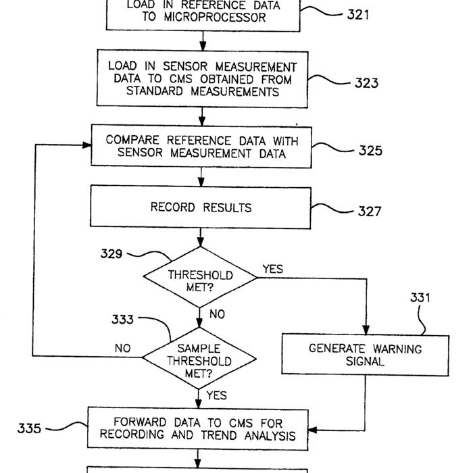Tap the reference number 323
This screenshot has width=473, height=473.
[x=366, y=84]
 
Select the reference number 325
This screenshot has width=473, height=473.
[x=370, y=151]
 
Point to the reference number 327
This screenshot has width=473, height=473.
[x=370, y=211]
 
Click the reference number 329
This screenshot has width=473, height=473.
[x=111, y=254]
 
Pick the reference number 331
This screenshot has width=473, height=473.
[x=421, y=297]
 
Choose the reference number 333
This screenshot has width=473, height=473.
[x=122, y=320]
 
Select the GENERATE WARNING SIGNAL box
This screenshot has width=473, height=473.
[x=365, y=355]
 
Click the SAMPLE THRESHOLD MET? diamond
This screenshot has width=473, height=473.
[x=199, y=361]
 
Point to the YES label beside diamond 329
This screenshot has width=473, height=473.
[x=272, y=269]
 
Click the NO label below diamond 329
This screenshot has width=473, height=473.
[x=217, y=314]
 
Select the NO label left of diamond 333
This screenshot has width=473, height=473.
[x=122, y=349]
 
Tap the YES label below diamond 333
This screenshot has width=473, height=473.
[x=216, y=395]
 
